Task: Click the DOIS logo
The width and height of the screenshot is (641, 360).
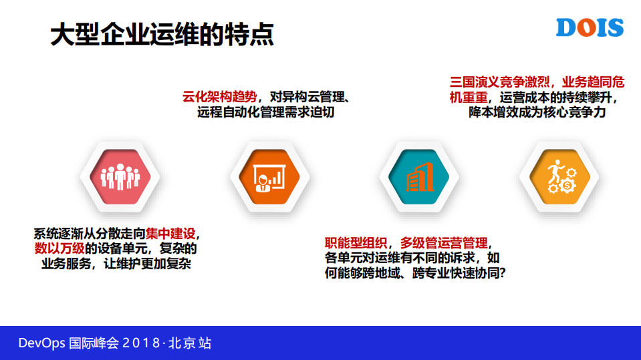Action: click(x=590, y=28)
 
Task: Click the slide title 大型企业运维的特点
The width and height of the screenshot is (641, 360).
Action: click(x=162, y=35)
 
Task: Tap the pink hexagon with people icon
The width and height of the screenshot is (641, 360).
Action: click(x=120, y=176)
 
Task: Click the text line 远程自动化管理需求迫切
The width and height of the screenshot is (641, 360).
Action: click(x=265, y=112)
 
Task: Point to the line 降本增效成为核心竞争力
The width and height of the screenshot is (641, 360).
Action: click(x=537, y=113)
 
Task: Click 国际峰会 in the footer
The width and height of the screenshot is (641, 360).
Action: click(x=94, y=343)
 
